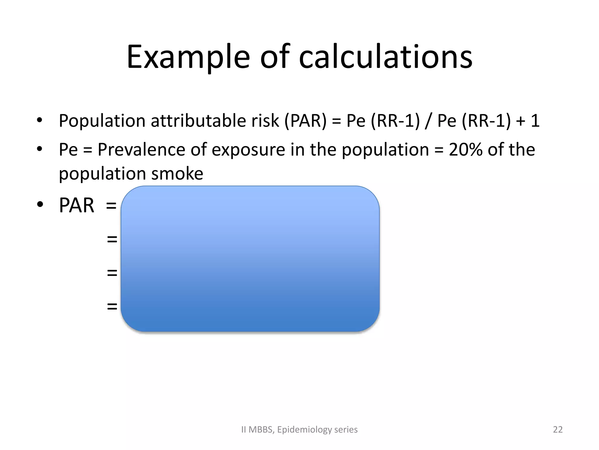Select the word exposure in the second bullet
[x=248, y=149]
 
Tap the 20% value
[x=465, y=149]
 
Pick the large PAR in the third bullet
[x=77, y=205]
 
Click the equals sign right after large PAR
[x=111, y=205]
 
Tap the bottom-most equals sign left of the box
[x=112, y=306]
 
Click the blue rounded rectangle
[x=250, y=259]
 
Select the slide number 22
[x=557, y=429]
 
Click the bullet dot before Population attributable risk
[x=39, y=120]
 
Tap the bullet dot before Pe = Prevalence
[x=39, y=149]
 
